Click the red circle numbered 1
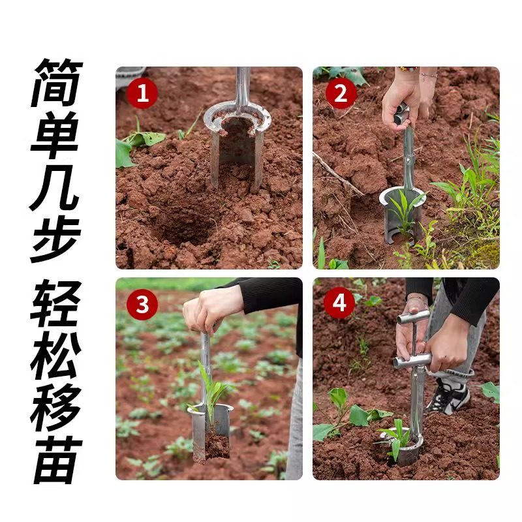[142, 94]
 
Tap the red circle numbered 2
[340, 94]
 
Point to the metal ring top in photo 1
[237, 117]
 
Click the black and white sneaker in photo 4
[450, 395]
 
